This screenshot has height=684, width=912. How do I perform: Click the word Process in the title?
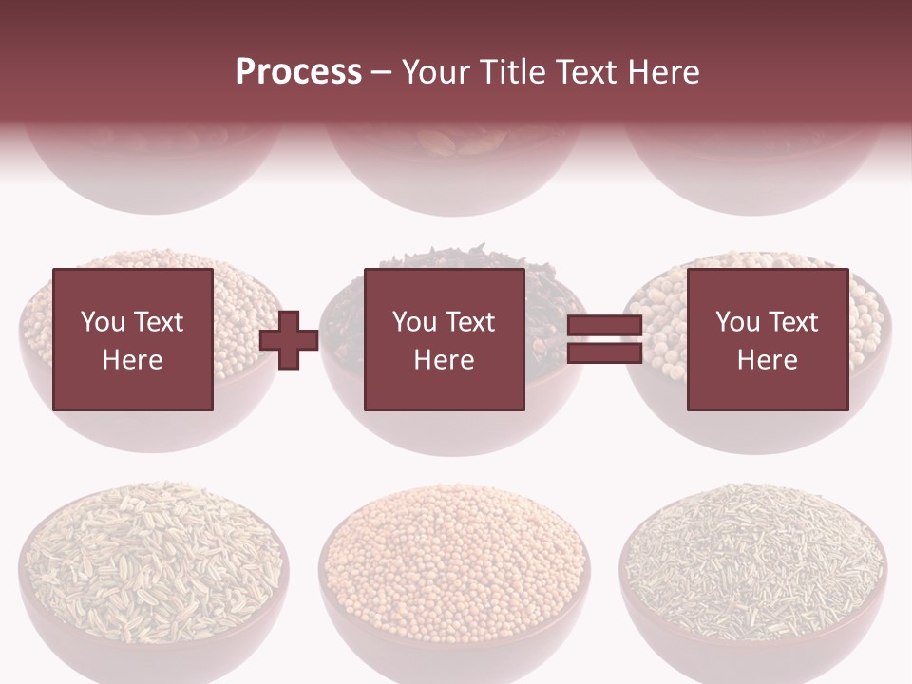click(x=298, y=72)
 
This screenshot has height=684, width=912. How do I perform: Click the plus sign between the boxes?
click(x=289, y=339)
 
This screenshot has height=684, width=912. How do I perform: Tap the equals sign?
click(x=604, y=339)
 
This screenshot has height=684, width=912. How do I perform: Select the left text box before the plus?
click(x=132, y=339)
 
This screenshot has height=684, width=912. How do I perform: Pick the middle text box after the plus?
click(x=444, y=339)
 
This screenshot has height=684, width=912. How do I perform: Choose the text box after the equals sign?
click(x=767, y=339)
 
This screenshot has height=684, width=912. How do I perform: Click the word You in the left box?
click(x=103, y=322)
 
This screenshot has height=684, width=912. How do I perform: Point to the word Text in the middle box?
click(x=470, y=322)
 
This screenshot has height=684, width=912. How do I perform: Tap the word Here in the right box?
click(x=767, y=360)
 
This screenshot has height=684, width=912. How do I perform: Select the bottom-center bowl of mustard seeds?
click(x=454, y=570)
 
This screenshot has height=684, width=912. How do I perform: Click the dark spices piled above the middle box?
click(x=443, y=256)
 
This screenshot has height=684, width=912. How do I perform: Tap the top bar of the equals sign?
click(x=604, y=327)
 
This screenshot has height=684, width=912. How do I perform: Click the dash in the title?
click(x=381, y=73)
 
